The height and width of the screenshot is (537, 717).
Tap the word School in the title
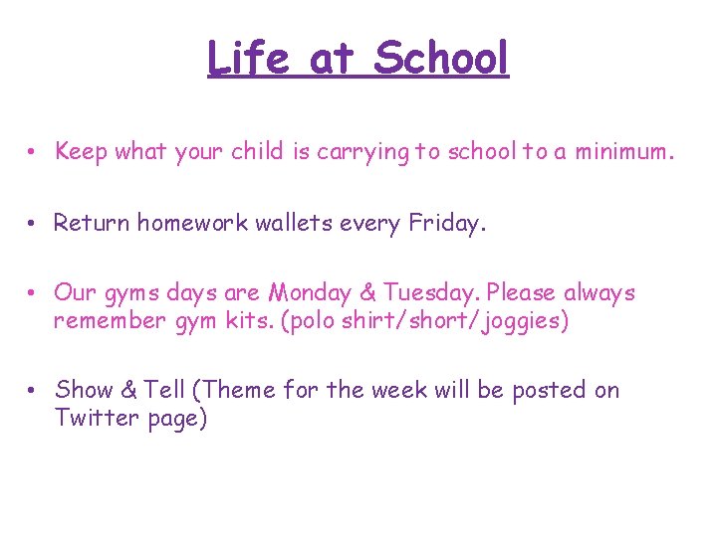tap(441, 59)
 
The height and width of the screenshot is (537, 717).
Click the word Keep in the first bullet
tap(82, 152)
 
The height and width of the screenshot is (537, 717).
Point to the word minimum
tap(624, 152)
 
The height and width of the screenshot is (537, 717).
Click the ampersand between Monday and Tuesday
tap(364, 293)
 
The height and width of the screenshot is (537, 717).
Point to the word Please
tap(523, 293)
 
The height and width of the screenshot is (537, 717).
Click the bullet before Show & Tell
tap(33, 391)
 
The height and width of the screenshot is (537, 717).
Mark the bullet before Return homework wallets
tap(33, 224)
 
